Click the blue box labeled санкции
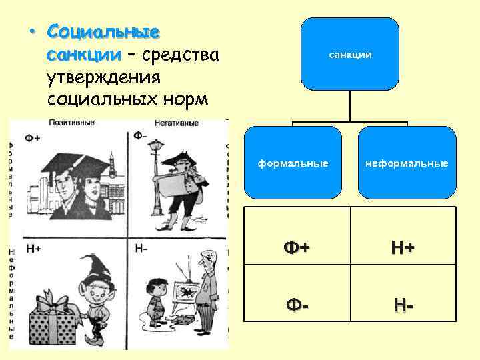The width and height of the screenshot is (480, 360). coord(350,54)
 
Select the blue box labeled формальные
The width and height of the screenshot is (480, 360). coord(294,163)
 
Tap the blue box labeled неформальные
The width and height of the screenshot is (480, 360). coord(407,163)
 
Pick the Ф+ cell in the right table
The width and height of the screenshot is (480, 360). coord(295,247)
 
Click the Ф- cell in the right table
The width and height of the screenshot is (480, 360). coord(295,304)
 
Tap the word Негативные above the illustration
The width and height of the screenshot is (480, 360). coord(177,123)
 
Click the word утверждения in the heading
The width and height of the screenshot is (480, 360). coord(104,77)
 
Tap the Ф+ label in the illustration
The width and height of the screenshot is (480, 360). coord(32,138)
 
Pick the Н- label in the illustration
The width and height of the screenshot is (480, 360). coord(141,249)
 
